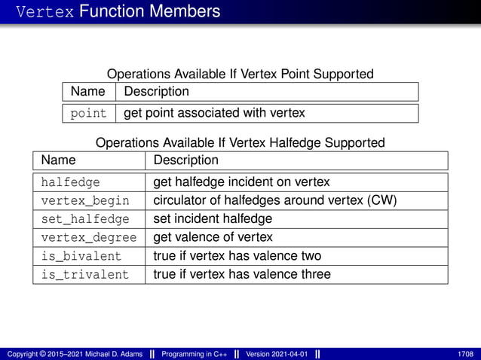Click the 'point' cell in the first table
click(x=88, y=113)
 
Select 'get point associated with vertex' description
click(x=214, y=113)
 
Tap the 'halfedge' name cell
click(x=70, y=182)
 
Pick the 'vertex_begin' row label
click(x=85, y=200)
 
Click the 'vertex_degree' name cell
click(x=88, y=237)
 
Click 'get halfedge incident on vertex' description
click(x=241, y=182)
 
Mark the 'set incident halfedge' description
click(x=213, y=219)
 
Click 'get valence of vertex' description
click(x=213, y=237)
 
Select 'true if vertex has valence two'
click(x=237, y=256)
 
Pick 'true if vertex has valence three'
click(x=242, y=274)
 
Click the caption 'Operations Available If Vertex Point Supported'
click(x=240, y=74)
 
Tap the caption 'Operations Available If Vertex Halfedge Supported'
click(x=240, y=142)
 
